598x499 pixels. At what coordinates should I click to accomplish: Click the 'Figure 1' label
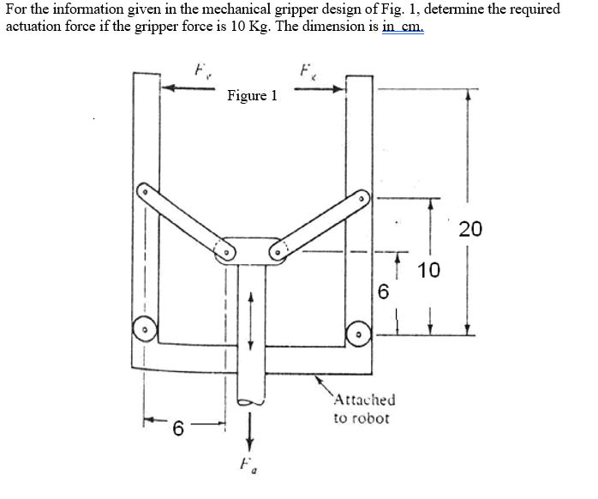(x=252, y=96)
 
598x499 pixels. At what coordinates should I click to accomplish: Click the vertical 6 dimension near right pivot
(x=383, y=292)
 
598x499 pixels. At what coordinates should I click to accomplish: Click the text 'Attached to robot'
(x=363, y=409)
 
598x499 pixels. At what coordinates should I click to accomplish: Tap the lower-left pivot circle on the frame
(x=146, y=328)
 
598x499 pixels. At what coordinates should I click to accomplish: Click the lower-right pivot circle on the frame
(x=359, y=330)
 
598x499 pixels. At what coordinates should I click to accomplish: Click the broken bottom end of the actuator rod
(x=251, y=400)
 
